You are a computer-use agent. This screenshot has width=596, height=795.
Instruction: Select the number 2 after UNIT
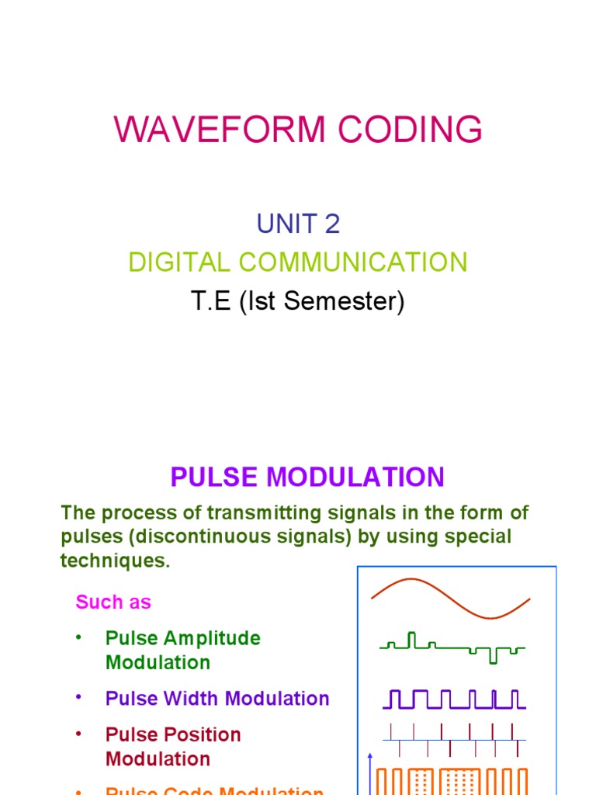(x=332, y=224)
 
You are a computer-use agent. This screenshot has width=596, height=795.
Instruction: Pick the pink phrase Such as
(x=113, y=602)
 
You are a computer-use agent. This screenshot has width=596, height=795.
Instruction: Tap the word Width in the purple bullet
(x=189, y=698)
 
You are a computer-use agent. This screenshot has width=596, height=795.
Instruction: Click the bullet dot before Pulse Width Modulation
(x=78, y=697)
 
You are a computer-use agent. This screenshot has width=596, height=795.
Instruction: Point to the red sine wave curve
(x=450, y=597)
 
